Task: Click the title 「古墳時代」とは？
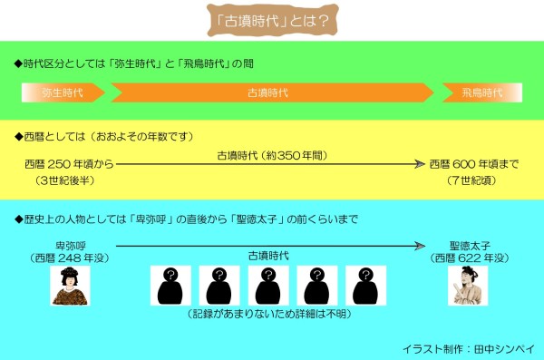[x=272, y=21]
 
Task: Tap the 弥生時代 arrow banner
[x=63, y=92]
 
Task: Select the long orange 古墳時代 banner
[x=272, y=92]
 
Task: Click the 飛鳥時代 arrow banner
[x=482, y=92]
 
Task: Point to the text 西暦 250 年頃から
[x=70, y=164]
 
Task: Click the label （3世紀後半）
[x=65, y=180]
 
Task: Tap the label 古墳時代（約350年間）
[x=272, y=155]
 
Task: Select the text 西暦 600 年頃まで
[x=474, y=164]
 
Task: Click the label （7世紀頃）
[x=471, y=180]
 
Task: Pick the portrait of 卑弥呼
[x=70, y=286]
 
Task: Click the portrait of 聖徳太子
[x=468, y=286]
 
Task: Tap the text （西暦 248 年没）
[x=70, y=258]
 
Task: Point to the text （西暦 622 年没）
[x=470, y=258]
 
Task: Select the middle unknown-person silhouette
[x=268, y=286]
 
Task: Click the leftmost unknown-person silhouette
[x=170, y=286]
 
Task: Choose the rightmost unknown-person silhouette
[x=365, y=286]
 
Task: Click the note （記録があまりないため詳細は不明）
[x=269, y=314]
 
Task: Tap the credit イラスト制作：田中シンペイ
[x=469, y=349]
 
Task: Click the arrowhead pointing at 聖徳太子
[x=420, y=246]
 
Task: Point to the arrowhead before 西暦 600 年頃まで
[x=420, y=164]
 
